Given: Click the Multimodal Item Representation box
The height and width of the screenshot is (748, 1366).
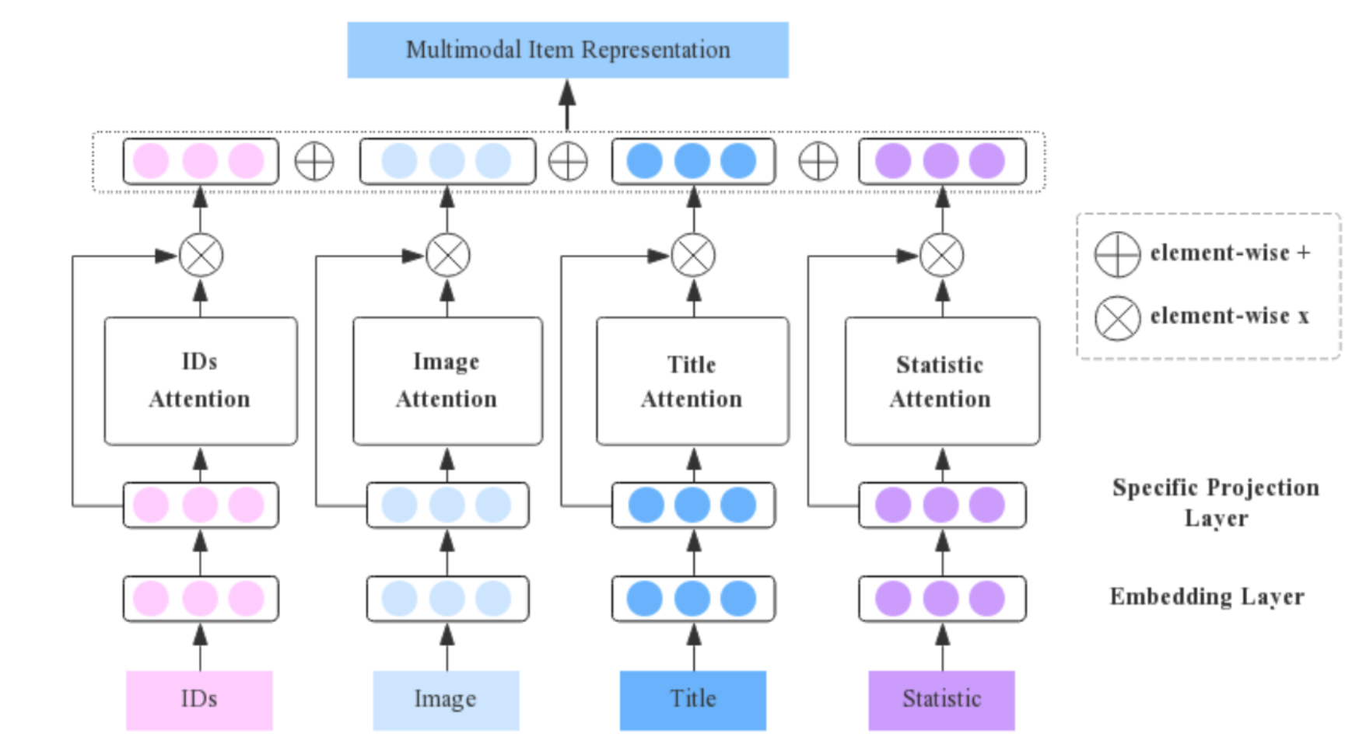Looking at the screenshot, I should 567,50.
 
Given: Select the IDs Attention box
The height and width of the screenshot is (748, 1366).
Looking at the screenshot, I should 200,380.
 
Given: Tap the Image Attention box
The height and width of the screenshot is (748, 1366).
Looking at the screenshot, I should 447,380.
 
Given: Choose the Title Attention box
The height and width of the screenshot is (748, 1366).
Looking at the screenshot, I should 692,380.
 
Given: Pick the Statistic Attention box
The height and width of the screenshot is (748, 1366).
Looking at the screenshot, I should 941,380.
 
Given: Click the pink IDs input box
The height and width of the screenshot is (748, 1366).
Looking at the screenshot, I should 199,699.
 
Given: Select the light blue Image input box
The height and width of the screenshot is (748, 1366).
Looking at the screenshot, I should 446,699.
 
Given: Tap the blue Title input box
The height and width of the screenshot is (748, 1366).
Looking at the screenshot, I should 692,699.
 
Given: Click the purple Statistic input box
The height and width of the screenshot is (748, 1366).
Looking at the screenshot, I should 941,699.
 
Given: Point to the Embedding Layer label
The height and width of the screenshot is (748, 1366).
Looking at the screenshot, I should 1207,596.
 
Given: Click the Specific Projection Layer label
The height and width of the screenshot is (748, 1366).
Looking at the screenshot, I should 1215,502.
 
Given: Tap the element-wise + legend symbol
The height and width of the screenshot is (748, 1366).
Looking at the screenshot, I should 1117,254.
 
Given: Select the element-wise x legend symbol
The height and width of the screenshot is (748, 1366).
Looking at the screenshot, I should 1117,317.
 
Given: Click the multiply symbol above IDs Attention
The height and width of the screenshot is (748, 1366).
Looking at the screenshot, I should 201,255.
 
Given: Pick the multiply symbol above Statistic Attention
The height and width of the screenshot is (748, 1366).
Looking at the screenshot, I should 941,255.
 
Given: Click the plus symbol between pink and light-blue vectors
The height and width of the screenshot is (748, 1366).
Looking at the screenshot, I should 314,162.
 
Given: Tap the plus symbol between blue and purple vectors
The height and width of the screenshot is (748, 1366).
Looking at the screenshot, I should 818,162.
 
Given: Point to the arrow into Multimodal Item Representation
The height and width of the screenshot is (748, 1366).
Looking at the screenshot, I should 567,105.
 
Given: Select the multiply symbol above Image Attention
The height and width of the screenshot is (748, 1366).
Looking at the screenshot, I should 447,255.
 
